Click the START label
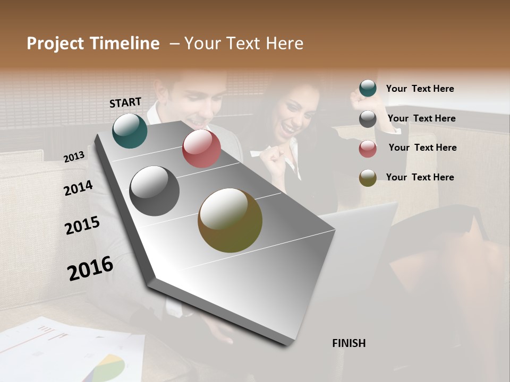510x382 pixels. coord(125,102)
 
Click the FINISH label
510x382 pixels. coord(349,343)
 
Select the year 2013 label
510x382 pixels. coord(74,157)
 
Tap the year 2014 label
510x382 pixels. coord(78,188)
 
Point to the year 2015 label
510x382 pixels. coord(82,225)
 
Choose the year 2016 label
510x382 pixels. coord(90,268)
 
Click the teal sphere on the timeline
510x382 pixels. coord(130,131)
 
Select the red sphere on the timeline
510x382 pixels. coord(201,149)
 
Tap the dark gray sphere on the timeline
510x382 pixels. coord(155,191)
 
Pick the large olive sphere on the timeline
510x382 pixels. coord(230,220)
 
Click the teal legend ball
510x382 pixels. coord(368,89)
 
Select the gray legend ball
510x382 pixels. coord(368,119)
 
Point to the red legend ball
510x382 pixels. coord(368,149)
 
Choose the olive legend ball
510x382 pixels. coord(368,178)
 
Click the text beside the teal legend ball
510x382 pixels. coord(420,89)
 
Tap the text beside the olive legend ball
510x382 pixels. coord(420,177)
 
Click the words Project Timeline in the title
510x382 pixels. coord(93,44)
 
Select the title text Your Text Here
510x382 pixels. coord(243,44)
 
